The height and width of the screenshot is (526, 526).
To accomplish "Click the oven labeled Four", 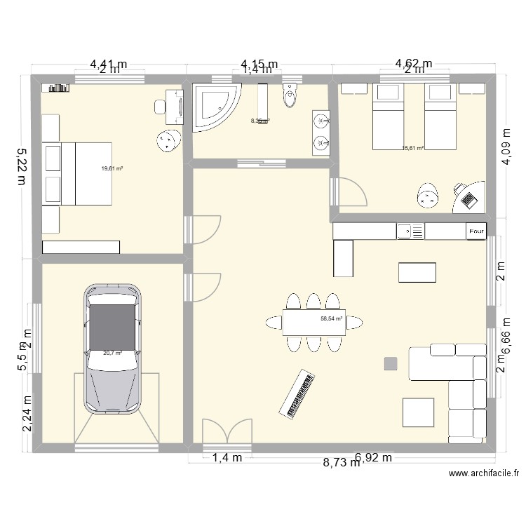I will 476,231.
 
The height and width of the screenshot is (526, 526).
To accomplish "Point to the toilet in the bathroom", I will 290,97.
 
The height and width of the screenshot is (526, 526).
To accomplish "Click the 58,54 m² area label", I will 331,318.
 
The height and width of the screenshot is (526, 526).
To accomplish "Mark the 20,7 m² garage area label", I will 112,353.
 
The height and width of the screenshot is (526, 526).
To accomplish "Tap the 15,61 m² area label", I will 412,148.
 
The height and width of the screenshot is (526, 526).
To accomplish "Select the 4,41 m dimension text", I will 108,63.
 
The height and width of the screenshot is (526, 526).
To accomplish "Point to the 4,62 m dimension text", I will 414,63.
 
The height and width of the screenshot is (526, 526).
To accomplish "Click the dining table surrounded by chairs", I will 314,322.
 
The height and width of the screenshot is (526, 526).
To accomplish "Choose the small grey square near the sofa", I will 391,363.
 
